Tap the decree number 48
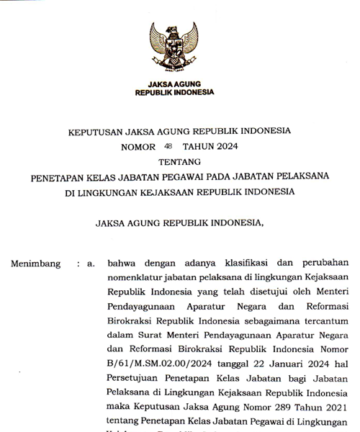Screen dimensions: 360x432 click(x=168, y=146)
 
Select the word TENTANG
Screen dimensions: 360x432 click(x=180, y=162)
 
